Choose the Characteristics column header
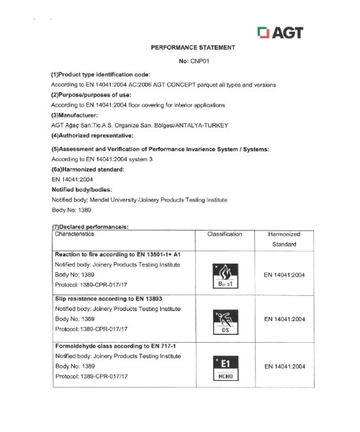pyautogui.click(x=79, y=235)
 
